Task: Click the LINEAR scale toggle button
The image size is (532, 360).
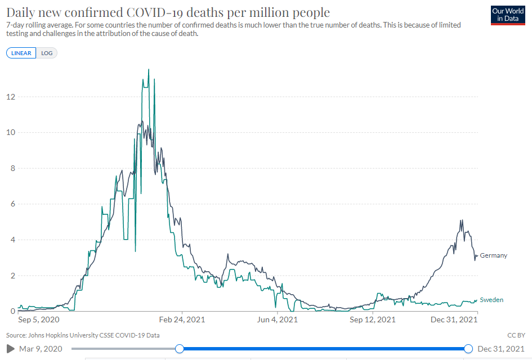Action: click(21, 53)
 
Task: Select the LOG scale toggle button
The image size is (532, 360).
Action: click(47, 53)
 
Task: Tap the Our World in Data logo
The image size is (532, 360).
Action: click(508, 15)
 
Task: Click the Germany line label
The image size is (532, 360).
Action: click(493, 255)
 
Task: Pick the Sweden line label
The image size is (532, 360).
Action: click(491, 300)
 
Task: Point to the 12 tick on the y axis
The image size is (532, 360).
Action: click(10, 97)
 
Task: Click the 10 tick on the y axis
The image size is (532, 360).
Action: click(10, 133)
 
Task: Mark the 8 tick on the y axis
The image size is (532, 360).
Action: click(11, 168)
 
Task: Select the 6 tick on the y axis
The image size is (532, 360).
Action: click(11, 204)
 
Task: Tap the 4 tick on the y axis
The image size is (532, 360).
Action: click(11, 240)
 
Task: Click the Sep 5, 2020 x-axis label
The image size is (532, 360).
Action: click(39, 320)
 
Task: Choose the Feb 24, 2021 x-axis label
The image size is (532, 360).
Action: click(182, 320)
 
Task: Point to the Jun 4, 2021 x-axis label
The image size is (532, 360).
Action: click(277, 320)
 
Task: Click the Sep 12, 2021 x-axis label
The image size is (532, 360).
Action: click(372, 320)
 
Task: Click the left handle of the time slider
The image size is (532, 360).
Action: click(179, 349)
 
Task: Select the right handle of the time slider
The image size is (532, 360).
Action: click(468, 349)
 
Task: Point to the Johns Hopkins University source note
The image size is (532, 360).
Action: click(83, 335)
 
